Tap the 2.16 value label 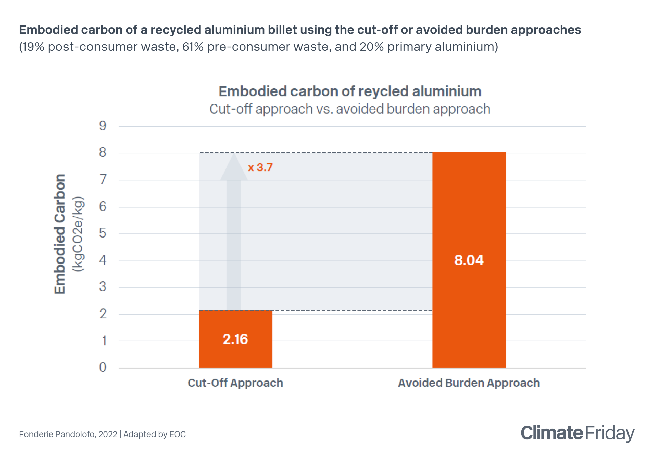[x=235, y=339]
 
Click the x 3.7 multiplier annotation [x=260, y=168]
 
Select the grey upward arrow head [x=234, y=169]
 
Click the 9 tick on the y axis [x=103, y=126]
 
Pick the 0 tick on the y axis [x=103, y=367]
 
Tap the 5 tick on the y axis [x=103, y=233]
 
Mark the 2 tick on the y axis [x=103, y=314]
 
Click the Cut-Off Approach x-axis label [x=235, y=383]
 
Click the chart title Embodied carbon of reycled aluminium [x=349, y=91]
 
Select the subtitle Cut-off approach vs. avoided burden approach [x=349, y=109]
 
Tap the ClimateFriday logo [x=577, y=433]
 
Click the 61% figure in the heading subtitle [x=193, y=47]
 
